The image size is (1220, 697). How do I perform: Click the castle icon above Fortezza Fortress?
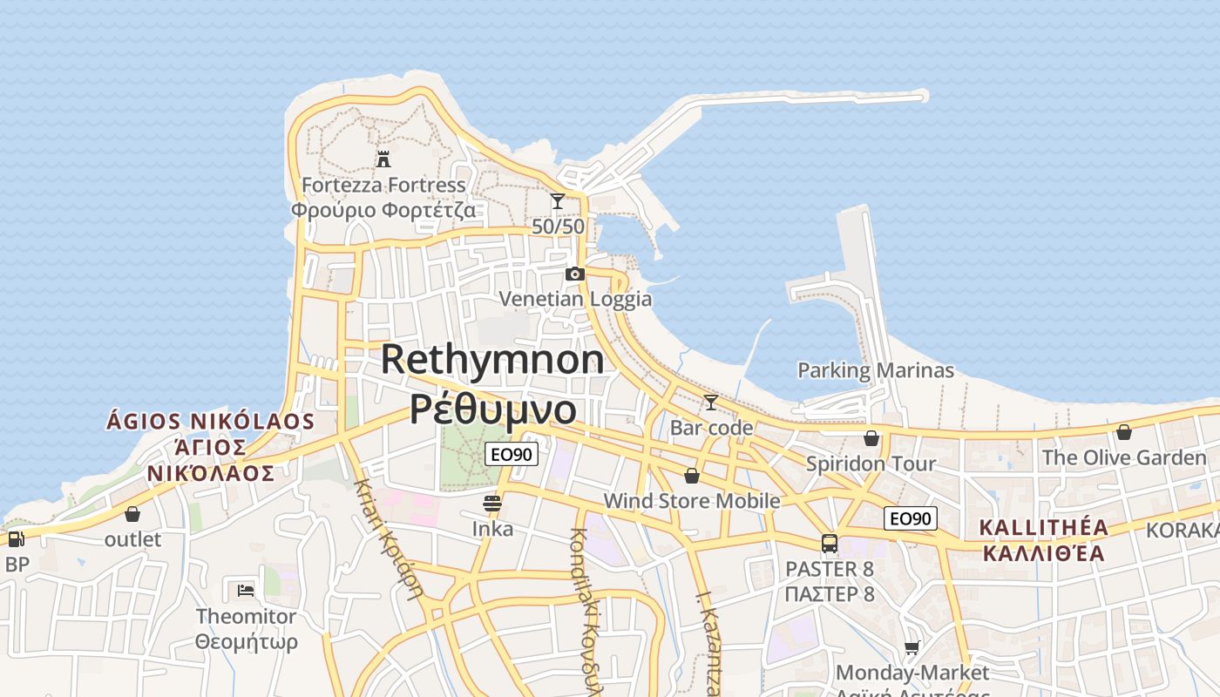(x=383, y=159)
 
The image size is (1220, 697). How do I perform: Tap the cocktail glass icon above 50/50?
(x=558, y=201)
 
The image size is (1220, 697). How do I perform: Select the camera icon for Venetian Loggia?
(x=574, y=274)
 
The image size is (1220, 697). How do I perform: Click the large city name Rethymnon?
(x=492, y=359)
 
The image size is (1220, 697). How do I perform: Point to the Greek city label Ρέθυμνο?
(x=492, y=408)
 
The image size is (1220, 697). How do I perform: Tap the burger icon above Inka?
(x=492, y=503)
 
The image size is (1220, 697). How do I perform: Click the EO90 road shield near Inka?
(x=512, y=453)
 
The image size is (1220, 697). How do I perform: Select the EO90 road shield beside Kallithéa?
(x=910, y=518)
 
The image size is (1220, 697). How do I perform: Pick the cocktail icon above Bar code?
(x=711, y=403)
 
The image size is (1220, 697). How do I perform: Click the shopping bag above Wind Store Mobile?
(x=691, y=476)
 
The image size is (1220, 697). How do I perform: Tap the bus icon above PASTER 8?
(x=830, y=544)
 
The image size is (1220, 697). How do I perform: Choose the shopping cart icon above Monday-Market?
(x=912, y=647)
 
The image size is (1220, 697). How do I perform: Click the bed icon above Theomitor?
(x=246, y=591)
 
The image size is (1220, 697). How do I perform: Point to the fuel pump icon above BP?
(x=16, y=538)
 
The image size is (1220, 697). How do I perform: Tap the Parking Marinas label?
(x=876, y=370)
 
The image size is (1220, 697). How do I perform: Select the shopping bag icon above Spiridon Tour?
(x=871, y=437)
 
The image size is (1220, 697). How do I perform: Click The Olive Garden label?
(x=1124, y=457)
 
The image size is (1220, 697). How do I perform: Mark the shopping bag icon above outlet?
(x=132, y=514)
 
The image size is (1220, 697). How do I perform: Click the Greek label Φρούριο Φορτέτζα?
(x=383, y=210)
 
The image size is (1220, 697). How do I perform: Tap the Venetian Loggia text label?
(x=575, y=299)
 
